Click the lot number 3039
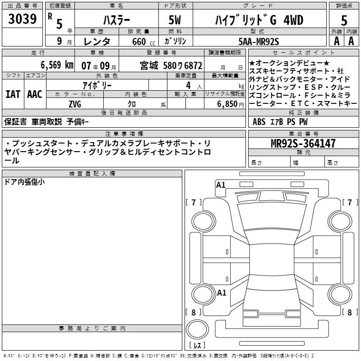click(x=22, y=19)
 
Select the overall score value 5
click(x=344, y=21)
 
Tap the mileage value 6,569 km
click(x=57, y=65)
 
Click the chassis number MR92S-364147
click(x=303, y=143)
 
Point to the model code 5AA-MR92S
click(x=259, y=42)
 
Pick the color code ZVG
click(x=75, y=104)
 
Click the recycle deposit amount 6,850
click(x=227, y=104)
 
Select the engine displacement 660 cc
click(x=143, y=42)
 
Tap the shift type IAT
click(x=13, y=94)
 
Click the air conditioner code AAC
click(x=35, y=94)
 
